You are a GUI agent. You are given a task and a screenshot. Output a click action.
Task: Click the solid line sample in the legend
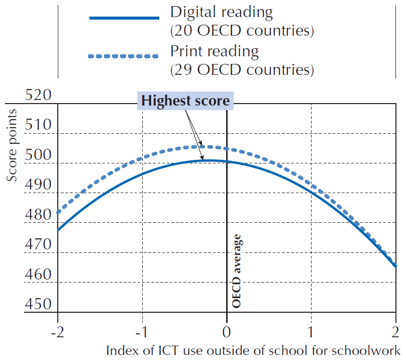(x=124, y=18)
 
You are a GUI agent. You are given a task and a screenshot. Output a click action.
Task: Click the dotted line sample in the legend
(x=124, y=57)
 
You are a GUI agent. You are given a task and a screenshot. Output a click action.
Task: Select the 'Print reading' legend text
(x=215, y=51)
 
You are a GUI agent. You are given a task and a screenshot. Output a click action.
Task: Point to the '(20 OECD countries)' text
(x=243, y=31)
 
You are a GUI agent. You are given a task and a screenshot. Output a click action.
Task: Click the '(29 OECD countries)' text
(x=243, y=69)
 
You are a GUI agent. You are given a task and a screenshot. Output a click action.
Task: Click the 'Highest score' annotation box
(x=185, y=101)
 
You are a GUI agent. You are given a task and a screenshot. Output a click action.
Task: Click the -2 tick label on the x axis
(x=58, y=331)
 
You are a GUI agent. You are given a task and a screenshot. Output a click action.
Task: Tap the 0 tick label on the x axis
(x=227, y=331)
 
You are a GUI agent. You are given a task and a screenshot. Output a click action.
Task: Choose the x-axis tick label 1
(x=312, y=331)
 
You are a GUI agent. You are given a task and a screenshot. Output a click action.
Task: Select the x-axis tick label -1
(x=142, y=331)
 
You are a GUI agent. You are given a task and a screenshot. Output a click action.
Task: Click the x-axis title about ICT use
(x=253, y=350)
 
